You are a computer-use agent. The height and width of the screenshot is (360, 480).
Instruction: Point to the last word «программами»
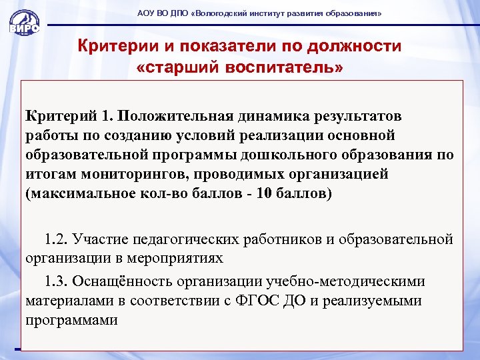[x=72, y=320]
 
